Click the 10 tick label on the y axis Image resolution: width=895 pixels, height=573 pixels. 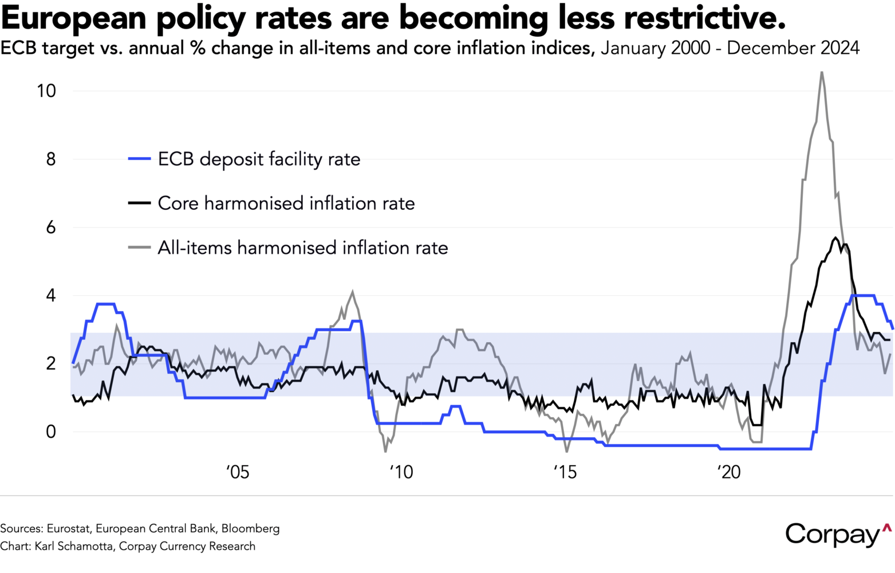click(x=46, y=91)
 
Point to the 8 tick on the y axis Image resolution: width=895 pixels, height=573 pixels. click(x=51, y=159)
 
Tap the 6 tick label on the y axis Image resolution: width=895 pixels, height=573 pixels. click(x=51, y=227)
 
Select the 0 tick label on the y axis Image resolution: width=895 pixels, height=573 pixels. click(x=51, y=432)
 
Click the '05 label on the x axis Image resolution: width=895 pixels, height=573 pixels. click(x=238, y=472)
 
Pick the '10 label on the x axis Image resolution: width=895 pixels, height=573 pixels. click(x=401, y=472)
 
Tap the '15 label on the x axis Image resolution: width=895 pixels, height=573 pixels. click(x=565, y=472)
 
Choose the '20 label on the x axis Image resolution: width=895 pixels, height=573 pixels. click(x=729, y=472)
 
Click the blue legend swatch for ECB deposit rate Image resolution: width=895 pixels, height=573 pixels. click(x=140, y=159)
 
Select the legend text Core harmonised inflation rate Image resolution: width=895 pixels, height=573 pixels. click(x=286, y=203)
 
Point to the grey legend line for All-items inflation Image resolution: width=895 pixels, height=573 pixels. click(x=140, y=248)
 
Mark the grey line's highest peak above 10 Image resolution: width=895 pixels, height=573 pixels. click(x=822, y=72)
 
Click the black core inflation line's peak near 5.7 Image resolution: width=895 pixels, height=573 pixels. click(x=835, y=237)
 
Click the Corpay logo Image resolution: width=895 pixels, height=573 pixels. click(x=838, y=534)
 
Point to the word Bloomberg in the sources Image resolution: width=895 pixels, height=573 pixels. click(x=250, y=528)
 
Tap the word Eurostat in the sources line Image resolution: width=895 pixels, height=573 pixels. click(x=68, y=528)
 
